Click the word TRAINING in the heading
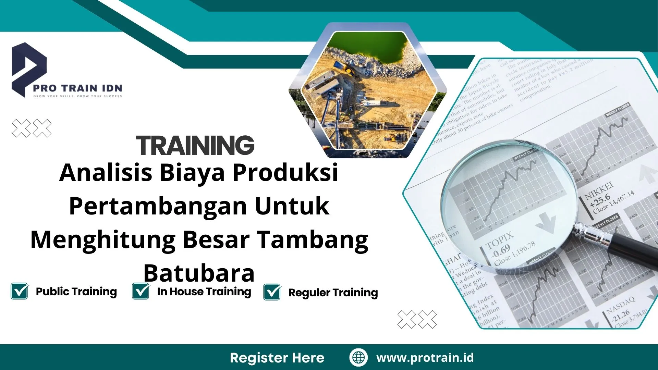(195, 145)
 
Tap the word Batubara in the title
(199, 273)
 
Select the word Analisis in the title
(106, 172)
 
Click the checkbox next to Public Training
(20, 291)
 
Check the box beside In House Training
(141, 291)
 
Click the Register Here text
(277, 358)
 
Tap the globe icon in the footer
(358, 357)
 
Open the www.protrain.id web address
(425, 358)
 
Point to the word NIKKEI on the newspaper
(598, 190)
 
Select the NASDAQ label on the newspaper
(620, 305)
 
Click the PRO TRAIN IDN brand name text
(77, 88)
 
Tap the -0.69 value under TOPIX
(501, 251)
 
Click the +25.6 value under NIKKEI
(600, 200)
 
